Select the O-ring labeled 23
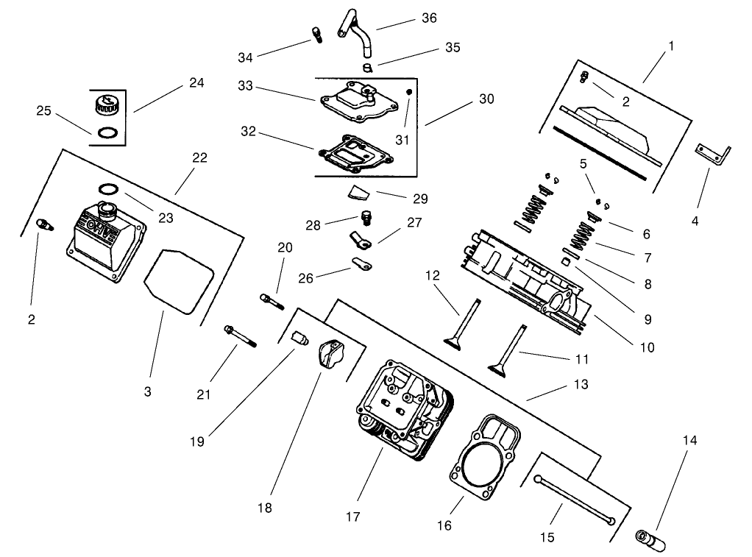(107, 188)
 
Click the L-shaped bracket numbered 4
(713, 155)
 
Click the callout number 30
(486, 99)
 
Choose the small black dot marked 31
(409, 92)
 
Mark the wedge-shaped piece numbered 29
(357, 194)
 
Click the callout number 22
(199, 157)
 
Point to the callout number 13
(581, 384)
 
